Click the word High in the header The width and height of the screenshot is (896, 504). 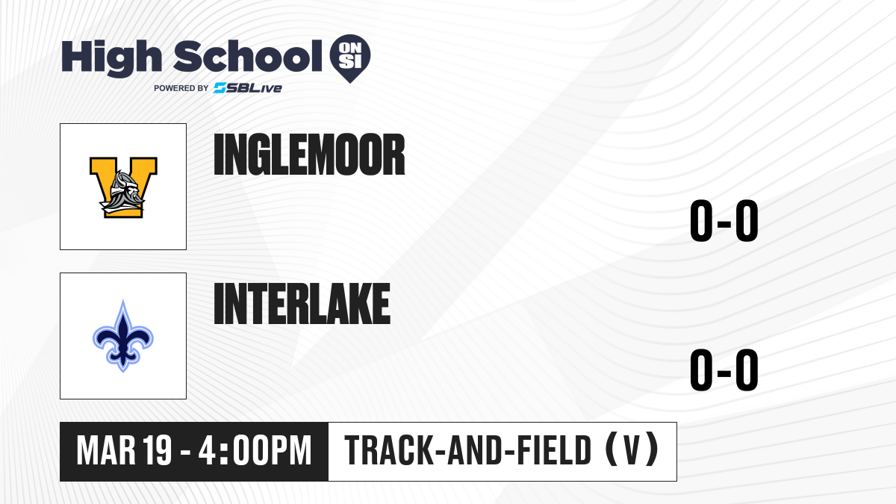111,58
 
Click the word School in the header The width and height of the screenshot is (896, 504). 248,56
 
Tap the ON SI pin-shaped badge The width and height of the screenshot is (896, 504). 350,58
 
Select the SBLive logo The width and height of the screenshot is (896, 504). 248,88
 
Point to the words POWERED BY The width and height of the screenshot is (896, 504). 181,88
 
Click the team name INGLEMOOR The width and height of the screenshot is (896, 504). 309,155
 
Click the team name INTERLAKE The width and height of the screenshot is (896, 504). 302,304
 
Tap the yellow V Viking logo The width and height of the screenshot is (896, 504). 123,187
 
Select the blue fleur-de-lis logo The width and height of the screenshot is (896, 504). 123,336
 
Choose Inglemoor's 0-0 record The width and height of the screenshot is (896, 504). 724,221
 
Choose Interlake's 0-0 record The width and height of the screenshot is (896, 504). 724,370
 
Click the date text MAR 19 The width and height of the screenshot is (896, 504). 124,451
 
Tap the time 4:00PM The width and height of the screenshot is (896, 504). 255,451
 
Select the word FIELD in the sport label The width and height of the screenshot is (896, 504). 554,450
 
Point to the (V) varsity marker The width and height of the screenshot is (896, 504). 632,450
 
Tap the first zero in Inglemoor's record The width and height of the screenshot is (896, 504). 701,221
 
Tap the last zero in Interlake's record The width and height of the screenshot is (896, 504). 747,370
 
